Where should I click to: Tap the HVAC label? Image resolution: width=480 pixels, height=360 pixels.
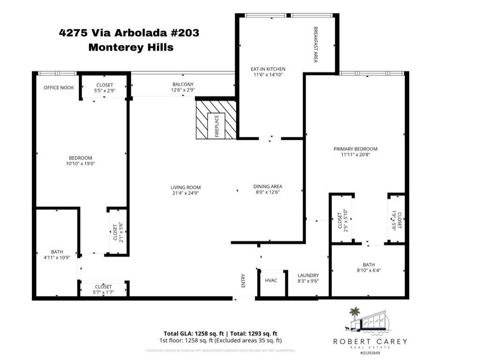click(x=271, y=280)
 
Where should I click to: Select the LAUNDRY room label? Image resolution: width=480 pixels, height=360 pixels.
click(x=308, y=275)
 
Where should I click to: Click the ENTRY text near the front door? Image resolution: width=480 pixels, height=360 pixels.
click(x=243, y=281)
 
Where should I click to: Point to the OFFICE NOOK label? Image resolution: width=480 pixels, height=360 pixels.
click(x=59, y=88)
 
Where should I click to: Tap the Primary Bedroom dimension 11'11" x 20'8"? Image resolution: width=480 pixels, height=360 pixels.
click(x=355, y=155)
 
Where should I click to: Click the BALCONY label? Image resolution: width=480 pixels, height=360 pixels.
click(x=182, y=84)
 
